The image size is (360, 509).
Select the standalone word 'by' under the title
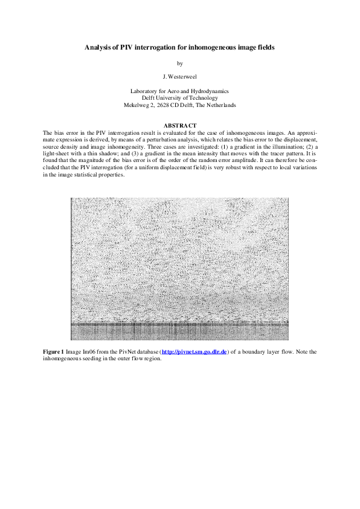coord(179,63)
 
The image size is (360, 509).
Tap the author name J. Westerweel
coord(180,77)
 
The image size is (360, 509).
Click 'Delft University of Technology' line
coord(179,97)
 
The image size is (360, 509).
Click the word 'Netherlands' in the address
coord(220,105)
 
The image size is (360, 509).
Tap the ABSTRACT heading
coord(180,125)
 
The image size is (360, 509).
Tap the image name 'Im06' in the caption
coord(88,351)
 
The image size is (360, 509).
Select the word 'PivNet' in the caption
coord(128,351)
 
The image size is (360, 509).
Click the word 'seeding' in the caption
coord(95,358)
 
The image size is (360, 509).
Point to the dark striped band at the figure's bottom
coord(179,331)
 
